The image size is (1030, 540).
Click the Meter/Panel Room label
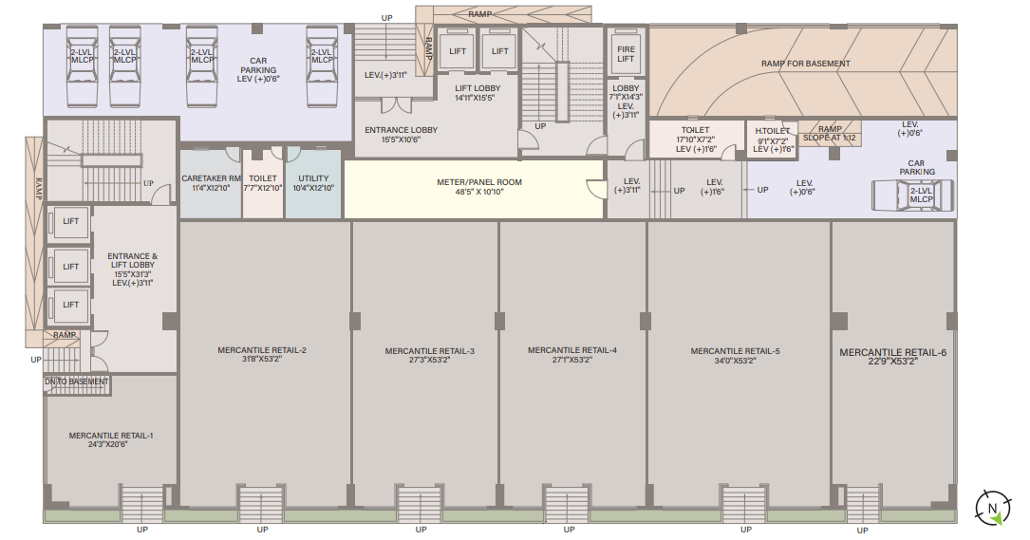coord(479,187)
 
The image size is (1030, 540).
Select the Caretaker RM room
coord(211,183)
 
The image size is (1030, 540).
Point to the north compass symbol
coord(992,508)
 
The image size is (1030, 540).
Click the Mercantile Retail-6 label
coord(892,353)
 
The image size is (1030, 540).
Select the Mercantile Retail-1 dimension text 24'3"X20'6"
coord(108,444)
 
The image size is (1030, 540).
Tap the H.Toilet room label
coord(773,131)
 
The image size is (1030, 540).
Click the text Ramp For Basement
coord(805,64)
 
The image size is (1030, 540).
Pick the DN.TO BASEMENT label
coord(77,382)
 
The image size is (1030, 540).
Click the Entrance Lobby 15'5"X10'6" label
coord(401,135)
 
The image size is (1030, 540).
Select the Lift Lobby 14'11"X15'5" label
coord(478,93)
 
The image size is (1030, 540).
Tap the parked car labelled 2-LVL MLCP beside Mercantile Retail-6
coord(913,196)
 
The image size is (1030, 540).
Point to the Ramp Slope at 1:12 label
coord(830,134)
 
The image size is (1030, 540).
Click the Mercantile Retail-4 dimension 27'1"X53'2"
coord(572,360)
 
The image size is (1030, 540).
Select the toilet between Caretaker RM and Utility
coord(263,183)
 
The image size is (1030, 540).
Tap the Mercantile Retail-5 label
coord(735,351)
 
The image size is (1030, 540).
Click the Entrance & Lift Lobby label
coord(133,261)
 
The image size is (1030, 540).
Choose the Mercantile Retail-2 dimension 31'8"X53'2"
coord(262,360)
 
